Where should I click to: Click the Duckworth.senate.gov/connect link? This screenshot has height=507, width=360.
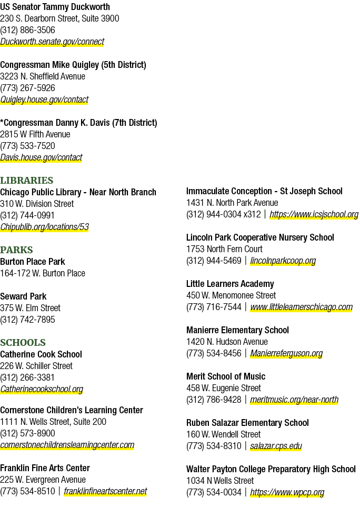(52, 42)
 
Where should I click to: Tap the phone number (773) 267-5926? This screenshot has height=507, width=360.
(27, 88)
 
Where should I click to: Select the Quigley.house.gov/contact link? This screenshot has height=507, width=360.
(44, 100)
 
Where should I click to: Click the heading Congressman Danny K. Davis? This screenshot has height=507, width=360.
(78, 123)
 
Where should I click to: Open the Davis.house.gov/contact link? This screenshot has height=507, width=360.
(41, 157)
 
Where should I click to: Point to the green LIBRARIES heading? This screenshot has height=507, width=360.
(26, 181)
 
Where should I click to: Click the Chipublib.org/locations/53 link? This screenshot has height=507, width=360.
(44, 227)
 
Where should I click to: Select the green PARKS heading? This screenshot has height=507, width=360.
(16, 250)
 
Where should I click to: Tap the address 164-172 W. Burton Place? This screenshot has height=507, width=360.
(43, 273)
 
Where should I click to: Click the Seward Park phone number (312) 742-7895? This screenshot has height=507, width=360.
(27, 320)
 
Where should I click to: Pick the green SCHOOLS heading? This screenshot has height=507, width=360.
(23, 342)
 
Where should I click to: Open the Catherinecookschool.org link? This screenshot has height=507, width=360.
(42, 389)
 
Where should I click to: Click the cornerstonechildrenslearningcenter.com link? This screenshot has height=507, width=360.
(67, 445)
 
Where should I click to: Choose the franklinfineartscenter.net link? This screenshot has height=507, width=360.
(105, 491)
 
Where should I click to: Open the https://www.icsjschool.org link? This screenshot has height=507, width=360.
(314, 214)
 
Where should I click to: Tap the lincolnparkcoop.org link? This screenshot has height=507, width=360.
(283, 261)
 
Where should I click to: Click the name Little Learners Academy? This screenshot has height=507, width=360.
(230, 284)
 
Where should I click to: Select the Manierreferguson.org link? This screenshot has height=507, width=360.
(286, 353)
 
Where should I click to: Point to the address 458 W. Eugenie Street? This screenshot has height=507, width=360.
(224, 388)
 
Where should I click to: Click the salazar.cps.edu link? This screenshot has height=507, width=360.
(276, 446)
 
